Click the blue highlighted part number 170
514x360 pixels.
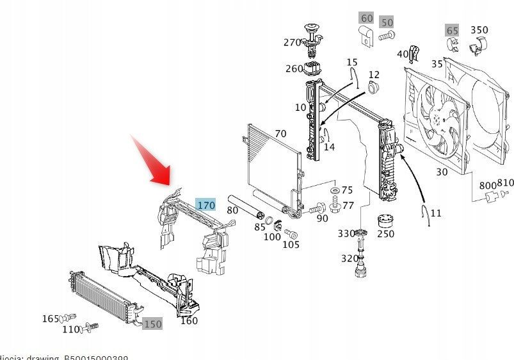(x=206, y=205)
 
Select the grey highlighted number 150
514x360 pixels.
(x=152, y=324)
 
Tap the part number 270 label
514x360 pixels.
(x=293, y=43)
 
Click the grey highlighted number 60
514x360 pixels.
(x=367, y=18)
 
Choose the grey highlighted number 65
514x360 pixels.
(x=453, y=30)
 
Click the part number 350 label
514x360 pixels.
(x=479, y=29)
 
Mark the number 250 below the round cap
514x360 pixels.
(x=385, y=234)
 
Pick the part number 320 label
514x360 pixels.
(x=349, y=259)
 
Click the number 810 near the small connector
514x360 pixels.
(x=505, y=183)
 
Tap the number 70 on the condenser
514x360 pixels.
(x=280, y=134)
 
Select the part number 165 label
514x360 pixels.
(x=51, y=318)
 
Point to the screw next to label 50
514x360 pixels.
(x=386, y=37)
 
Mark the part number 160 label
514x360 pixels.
(x=189, y=321)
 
